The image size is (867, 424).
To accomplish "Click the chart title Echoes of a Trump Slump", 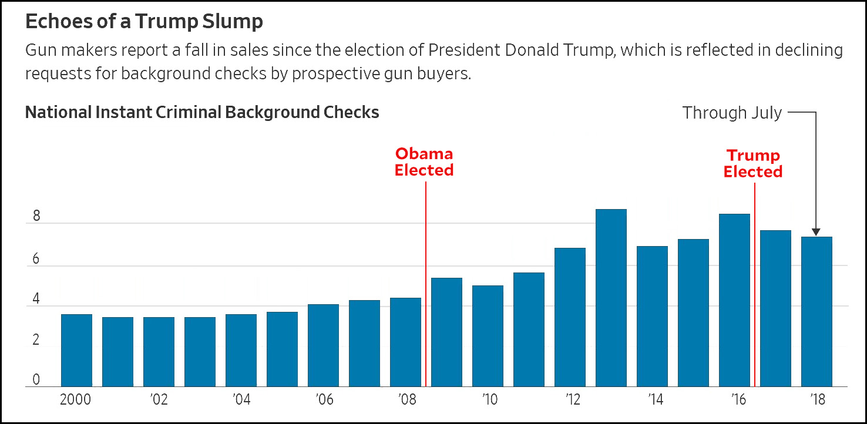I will coord(144,22).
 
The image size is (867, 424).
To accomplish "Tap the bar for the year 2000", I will coord(76,351).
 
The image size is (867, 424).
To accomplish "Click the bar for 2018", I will coord(816,312).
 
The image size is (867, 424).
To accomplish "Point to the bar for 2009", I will coord(446,332).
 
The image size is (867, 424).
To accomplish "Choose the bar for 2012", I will coord(570,317).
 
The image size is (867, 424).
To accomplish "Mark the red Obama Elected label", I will coord(424,162).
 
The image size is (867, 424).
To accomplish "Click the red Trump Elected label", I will coord(753,164).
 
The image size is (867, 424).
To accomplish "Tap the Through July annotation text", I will coord(732,113).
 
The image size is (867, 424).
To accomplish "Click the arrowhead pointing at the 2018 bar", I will coord(816,232).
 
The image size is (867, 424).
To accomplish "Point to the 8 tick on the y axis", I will coord(36,216).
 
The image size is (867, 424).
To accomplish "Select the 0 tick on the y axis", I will coord(36,380).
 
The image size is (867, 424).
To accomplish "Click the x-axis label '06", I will coord(324,400).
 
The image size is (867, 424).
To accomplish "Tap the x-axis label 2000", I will coord(76,400).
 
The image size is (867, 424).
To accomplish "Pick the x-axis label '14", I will coord(655,400).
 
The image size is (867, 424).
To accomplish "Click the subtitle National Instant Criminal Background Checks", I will coord(202,112).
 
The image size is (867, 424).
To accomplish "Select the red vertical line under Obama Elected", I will coord(425,282).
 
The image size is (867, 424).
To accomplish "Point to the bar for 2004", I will coord(241,351).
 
